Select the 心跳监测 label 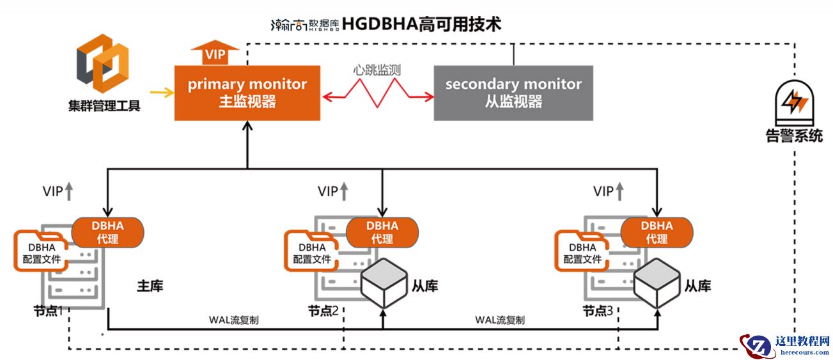tap(377, 70)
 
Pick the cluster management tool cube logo tap(103, 63)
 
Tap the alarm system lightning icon tap(794, 102)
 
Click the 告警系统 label tap(794, 136)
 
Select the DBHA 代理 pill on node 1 tap(107, 232)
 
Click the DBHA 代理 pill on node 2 tap(382, 232)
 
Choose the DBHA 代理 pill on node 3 tap(657, 232)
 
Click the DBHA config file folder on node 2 tap(312, 251)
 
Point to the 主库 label tap(150, 286)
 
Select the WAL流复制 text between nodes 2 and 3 tap(500, 320)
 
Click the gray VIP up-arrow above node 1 tap(70, 191)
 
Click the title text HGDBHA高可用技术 tap(421, 24)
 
